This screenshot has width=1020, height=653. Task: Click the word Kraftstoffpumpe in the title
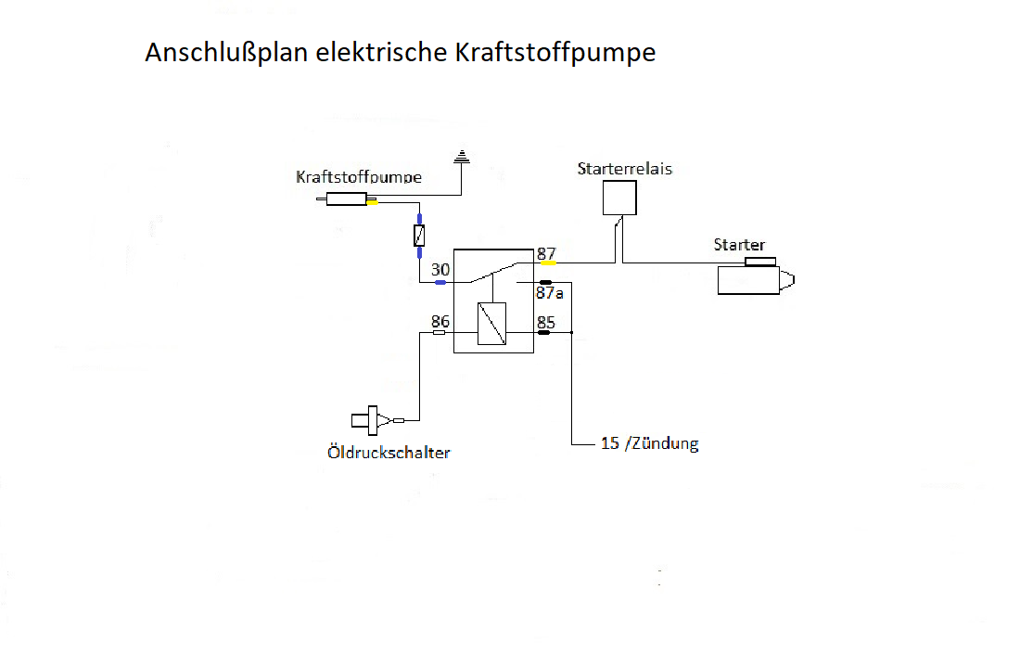[x=555, y=53]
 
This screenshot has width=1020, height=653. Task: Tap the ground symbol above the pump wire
[x=461, y=158]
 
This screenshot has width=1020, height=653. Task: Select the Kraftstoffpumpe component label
[x=359, y=177]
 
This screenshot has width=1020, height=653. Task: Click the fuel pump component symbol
[x=348, y=198]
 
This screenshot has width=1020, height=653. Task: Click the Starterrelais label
[x=624, y=169]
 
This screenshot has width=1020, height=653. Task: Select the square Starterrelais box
[x=619, y=198]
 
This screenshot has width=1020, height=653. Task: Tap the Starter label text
[x=739, y=245]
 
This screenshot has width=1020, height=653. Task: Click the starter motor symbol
[x=754, y=279]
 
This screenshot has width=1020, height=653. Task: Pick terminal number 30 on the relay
[x=440, y=270]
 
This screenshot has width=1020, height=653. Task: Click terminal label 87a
[x=549, y=293]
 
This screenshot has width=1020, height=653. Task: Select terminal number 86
[x=440, y=322]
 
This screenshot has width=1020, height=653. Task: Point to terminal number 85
[x=546, y=323]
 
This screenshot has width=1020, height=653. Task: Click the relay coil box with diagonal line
[x=491, y=325]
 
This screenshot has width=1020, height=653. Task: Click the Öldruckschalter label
[x=389, y=453]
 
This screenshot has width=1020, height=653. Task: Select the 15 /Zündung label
[x=649, y=443]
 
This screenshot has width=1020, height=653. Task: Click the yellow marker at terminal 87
[x=548, y=263]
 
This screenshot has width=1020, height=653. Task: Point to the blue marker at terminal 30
[x=441, y=282]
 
